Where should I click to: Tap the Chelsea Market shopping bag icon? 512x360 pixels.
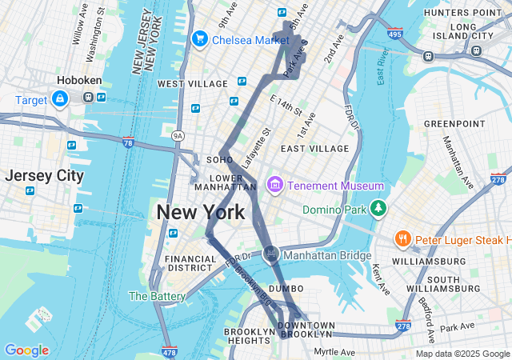point(199,38)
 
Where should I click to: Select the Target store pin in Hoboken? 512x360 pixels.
point(59,98)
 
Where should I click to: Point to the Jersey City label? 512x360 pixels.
point(44,176)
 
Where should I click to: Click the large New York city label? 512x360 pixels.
point(200,212)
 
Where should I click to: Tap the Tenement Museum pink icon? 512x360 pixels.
point(275,186)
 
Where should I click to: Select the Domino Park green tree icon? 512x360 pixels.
point(378,210)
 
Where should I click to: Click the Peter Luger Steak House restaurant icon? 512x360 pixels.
point(403,239)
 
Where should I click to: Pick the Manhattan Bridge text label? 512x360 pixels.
point(328,256)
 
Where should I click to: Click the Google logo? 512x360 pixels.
point(26,350)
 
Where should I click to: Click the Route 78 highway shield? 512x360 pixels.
point(128,142)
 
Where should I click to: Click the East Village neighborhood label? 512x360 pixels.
point(314,148)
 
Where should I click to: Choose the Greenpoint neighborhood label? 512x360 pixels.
point(449,123)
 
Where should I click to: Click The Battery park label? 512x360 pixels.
point(157,296)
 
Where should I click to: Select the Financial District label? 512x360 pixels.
point(190,265)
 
